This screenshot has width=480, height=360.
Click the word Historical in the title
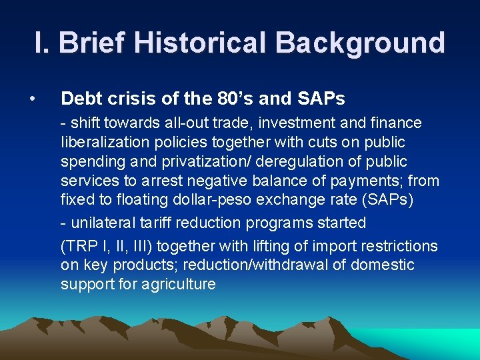[203, 42]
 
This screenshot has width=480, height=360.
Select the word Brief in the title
[94, 42]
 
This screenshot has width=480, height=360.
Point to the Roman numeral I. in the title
[42, 42]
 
